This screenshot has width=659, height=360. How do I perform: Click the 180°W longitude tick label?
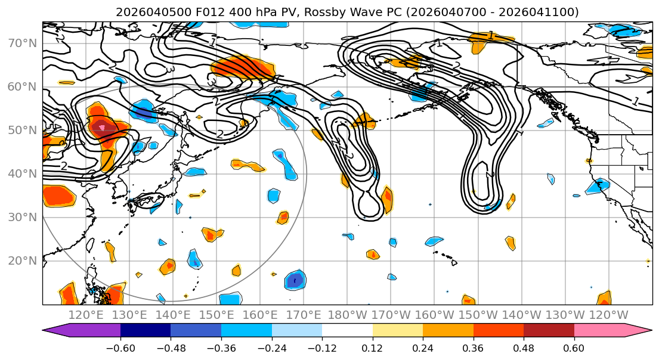point(348,315)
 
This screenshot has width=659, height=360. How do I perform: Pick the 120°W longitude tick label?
point(608,315)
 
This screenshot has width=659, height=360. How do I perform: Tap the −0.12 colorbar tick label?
point(322,347)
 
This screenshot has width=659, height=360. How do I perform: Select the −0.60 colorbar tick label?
point(120,347)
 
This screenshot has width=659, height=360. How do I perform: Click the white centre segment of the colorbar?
point(347,331)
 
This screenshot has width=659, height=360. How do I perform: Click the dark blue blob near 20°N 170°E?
point(295,280)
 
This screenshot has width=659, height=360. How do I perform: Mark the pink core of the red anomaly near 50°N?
point(102,128)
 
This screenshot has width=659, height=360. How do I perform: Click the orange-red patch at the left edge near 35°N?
point(58,196)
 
